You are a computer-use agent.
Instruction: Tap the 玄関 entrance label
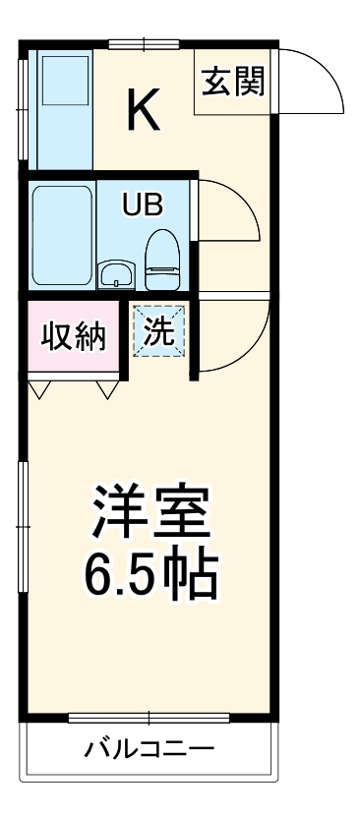(234, 83)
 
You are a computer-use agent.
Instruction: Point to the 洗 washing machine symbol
(159, 330)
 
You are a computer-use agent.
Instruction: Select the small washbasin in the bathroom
(115, 272)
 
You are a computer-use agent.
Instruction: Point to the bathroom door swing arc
(232, 212)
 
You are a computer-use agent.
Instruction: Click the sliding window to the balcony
(149, 716)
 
